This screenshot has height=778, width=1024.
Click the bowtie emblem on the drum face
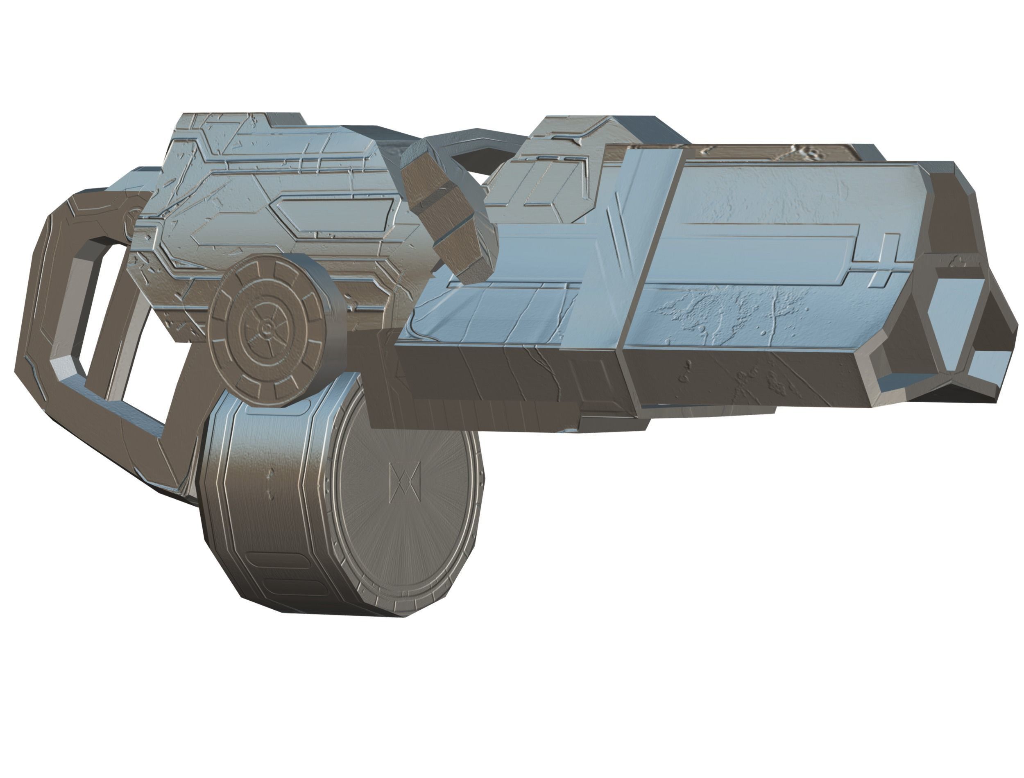(x=405, y=482)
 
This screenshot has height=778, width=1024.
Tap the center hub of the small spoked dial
(x=267, y=328)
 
